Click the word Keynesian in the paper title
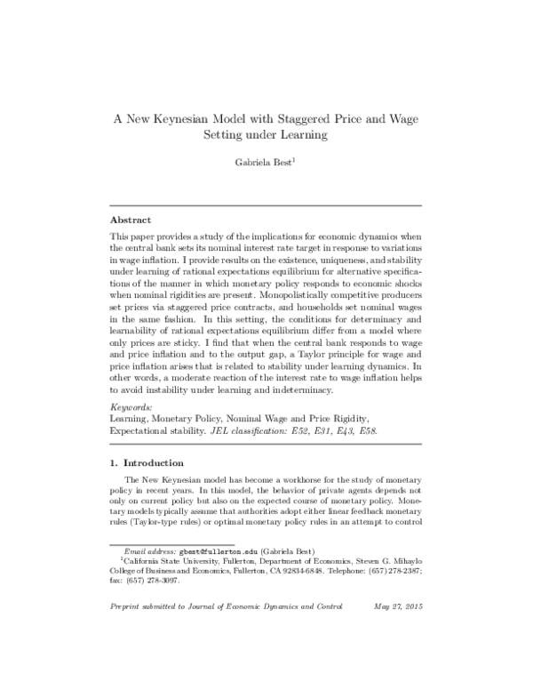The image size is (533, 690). (x=189, y=118)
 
